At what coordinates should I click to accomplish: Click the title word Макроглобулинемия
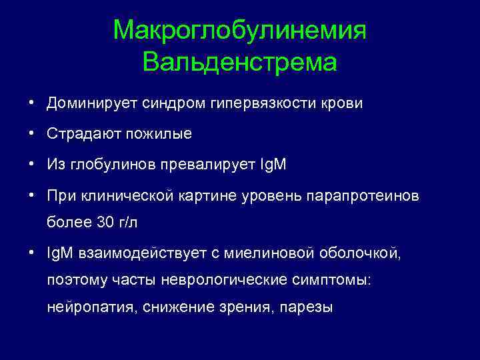tap(240, 31)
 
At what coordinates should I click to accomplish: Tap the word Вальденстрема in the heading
tap(240, 63)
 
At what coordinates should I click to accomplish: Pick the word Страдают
tap(83, 134)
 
